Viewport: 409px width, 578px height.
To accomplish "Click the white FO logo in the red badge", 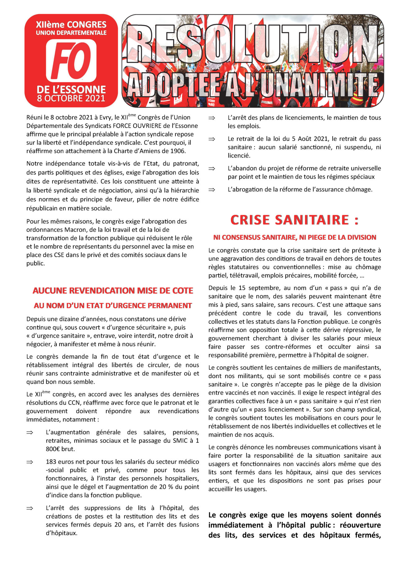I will (71, 60).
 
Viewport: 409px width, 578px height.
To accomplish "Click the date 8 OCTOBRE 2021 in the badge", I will (71, 98).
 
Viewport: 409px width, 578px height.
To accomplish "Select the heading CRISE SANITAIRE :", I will (295, 220).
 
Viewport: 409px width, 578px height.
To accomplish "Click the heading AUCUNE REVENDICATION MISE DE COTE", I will (113, 291).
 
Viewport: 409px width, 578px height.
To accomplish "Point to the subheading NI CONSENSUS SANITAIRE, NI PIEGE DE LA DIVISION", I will (295, 237).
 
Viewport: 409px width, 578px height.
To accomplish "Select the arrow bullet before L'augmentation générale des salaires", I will (30, 432).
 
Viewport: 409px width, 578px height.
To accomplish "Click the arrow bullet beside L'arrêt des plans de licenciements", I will (212, 118).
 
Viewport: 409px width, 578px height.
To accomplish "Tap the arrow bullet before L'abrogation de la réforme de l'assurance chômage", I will (212, 190).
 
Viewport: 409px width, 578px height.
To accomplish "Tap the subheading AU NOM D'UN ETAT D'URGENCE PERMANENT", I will (113, 306).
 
